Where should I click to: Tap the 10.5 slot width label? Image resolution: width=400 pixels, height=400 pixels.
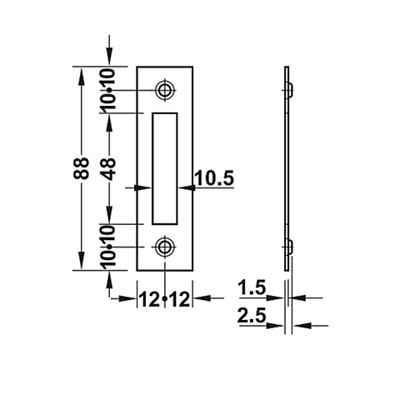[x=213, y=177]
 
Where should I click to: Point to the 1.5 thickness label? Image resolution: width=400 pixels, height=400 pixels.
[x=251, y=289]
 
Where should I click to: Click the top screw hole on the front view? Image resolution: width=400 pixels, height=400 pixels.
[x=165, y=88]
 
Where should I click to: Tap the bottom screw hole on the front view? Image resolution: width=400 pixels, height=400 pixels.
[x=165, y=247]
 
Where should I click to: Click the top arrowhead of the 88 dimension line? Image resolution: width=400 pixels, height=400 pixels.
[x=81, y=73]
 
